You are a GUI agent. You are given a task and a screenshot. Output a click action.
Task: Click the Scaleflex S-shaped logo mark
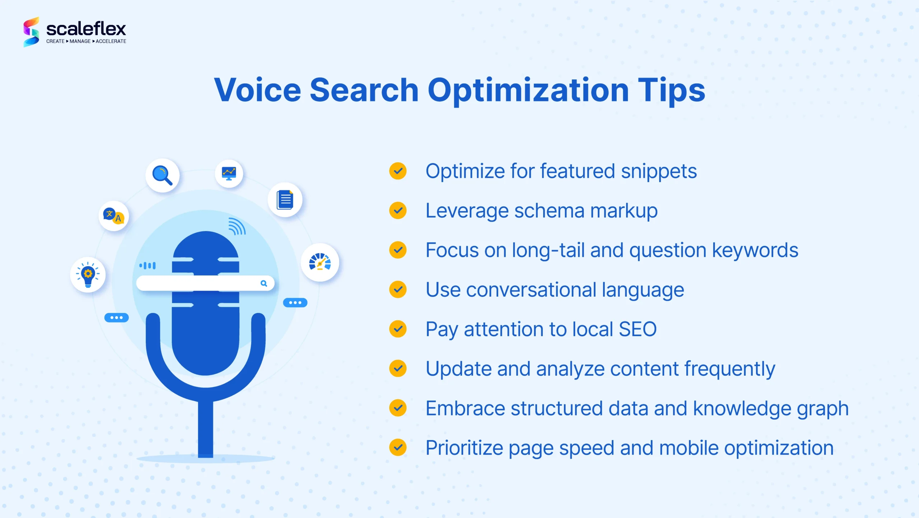pos(31,32)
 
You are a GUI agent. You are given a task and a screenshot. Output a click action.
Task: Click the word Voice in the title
pos(257,90)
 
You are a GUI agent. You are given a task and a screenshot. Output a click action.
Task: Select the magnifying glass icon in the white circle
pos(162,175)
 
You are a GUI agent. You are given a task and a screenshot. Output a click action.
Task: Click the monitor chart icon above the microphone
pos(229,174)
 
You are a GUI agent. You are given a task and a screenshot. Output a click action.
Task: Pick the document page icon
pos(285,200)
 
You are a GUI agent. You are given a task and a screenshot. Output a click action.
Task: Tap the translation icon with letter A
pos(114,216)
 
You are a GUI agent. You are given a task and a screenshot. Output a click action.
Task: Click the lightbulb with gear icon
pos(88,275)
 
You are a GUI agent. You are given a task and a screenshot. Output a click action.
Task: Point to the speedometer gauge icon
pos(320,262)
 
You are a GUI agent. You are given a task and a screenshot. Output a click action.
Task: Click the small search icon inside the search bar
pos(264,283)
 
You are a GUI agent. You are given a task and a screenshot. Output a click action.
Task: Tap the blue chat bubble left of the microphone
pos(116,318)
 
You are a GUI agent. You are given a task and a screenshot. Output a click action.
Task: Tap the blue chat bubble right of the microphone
pos(295,302)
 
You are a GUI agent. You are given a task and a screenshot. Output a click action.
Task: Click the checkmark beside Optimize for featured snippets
pos(398,171)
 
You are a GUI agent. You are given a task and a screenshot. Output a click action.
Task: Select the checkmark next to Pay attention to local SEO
pos(398,329)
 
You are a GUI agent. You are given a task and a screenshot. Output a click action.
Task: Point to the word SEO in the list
pos(638,329)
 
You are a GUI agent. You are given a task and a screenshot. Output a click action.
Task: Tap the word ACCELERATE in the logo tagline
pos(111,41)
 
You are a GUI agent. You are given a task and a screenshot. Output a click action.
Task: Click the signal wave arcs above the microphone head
pos(237,226)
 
